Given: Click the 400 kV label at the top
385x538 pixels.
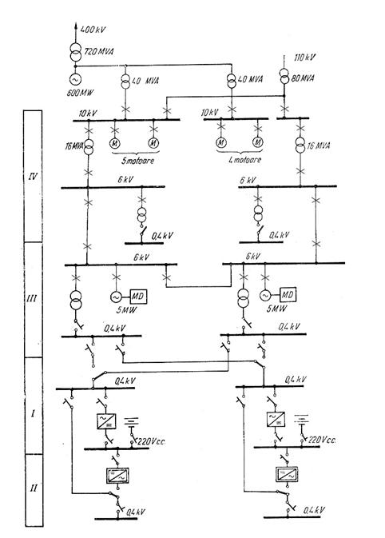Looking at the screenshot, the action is pos(93,30).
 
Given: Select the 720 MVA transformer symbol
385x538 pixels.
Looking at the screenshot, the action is pos(75,51).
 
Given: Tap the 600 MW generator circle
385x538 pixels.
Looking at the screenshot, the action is pos(75,79).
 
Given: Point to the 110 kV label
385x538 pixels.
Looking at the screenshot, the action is pos(305,57).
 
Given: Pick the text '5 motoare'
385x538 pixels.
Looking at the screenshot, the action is pos(138,160).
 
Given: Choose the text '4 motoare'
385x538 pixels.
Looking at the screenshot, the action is pos(244,160).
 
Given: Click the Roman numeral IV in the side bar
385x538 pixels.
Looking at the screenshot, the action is pos(33,177).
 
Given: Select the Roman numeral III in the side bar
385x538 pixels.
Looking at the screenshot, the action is pos(32,298).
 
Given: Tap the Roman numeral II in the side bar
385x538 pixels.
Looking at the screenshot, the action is pos(33,488).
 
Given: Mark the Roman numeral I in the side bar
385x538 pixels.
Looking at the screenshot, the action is pos(33,413).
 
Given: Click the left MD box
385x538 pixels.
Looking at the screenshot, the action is pos(138,296).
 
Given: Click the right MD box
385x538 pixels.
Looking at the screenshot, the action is pos(288,294).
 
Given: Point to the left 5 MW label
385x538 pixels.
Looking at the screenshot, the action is pos(127,310).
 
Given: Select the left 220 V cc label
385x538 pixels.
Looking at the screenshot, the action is pos(151,441).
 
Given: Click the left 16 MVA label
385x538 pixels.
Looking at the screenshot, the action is pos(74,146).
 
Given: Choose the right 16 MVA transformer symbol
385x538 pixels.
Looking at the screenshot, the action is pos(300,145).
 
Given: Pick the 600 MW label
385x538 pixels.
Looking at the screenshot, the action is pos(80,93).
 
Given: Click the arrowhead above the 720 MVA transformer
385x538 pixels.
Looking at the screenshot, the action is pos(75,25).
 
